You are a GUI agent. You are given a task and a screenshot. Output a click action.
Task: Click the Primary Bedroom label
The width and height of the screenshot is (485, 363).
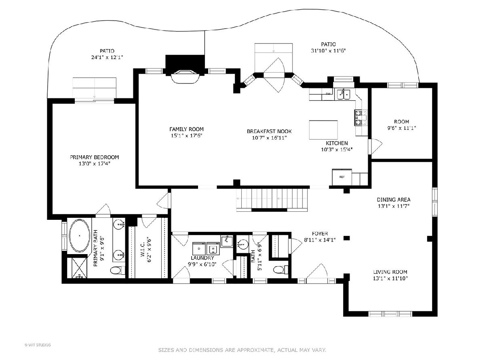(94, 157)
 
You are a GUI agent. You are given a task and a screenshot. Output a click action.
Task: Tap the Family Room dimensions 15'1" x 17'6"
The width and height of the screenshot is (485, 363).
(187, 136)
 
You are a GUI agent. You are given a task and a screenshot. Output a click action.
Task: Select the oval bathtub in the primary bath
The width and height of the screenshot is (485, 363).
(80, 236)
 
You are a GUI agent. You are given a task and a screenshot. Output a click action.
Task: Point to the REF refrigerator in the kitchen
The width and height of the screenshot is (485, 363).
(342, 177)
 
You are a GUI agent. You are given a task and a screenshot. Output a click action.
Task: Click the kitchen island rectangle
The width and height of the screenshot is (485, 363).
(323, 130)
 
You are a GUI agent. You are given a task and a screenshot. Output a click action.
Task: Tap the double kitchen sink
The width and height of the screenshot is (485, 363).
(344, 94)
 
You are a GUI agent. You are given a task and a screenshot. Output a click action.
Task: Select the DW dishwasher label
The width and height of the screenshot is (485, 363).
(328, 94)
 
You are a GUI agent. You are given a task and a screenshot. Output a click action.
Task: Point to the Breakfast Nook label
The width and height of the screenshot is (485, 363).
(269, 131)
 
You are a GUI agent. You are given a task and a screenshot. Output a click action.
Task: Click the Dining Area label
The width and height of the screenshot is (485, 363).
(394, 200)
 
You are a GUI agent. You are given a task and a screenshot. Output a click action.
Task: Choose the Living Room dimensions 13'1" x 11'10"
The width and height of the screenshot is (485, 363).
(390, 278)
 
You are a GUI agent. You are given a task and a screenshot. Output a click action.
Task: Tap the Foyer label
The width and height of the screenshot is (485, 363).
(320, 234)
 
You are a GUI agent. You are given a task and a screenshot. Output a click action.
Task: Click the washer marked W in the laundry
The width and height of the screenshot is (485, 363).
(213, 249)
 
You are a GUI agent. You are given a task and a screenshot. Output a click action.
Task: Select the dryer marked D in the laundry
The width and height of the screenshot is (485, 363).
(199, 249)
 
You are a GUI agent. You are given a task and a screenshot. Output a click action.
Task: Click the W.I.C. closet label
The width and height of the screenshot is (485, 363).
(143, 250)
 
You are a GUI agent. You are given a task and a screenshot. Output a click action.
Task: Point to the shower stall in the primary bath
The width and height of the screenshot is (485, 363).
(76, 268)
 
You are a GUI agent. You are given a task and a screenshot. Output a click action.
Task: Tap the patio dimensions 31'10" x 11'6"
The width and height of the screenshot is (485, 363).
(328, 51)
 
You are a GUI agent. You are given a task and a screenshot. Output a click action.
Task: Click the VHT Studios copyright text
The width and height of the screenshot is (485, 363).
(38, 345)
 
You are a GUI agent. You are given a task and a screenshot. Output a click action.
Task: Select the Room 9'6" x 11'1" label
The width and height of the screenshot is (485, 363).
(401, 125)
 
